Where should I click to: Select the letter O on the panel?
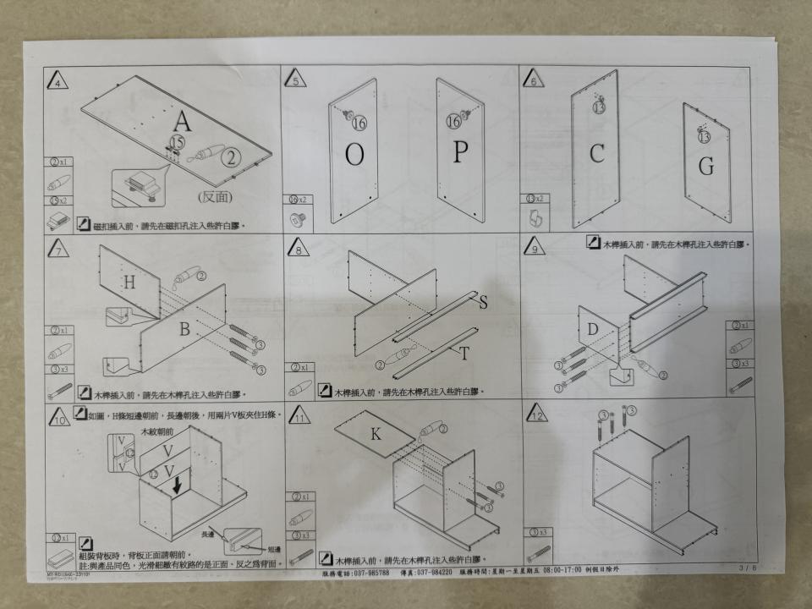pyautogui.click(x=355, y=155)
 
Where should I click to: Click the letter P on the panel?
pyautogui.click(x=460, y=152)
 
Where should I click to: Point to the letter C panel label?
pyautogui.click(x=597, y=154)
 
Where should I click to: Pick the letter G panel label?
pyautogui.click(x=705, y=167)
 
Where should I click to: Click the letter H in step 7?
pyautogui.click(x=129, y=284)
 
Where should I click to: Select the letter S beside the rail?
pyautogui.click(x=483, y=302)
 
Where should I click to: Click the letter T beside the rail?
pyautogui.click(x=464, y=354)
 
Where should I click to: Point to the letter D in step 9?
pyautogui.click(x=593, y=328)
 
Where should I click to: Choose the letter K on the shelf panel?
pyautogui.click(x=376, y=435)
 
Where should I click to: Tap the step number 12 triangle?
pyautogui.click(x=535, y=415)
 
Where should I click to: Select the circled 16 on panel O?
pyautogui.click(x=359, y=123)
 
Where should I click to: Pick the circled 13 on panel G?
pyautogui.click(x=704, y=136)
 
